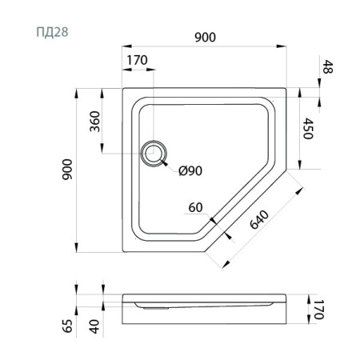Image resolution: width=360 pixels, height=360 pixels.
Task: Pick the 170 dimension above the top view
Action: [x=138, y=60]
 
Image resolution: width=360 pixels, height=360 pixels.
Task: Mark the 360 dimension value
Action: [x=95, y=121]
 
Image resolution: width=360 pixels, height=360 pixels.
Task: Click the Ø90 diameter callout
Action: [x=190, y=170]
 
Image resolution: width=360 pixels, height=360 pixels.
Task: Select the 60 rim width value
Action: [x=194, y=207]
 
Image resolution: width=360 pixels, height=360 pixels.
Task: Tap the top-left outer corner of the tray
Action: [x=122, y=89]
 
